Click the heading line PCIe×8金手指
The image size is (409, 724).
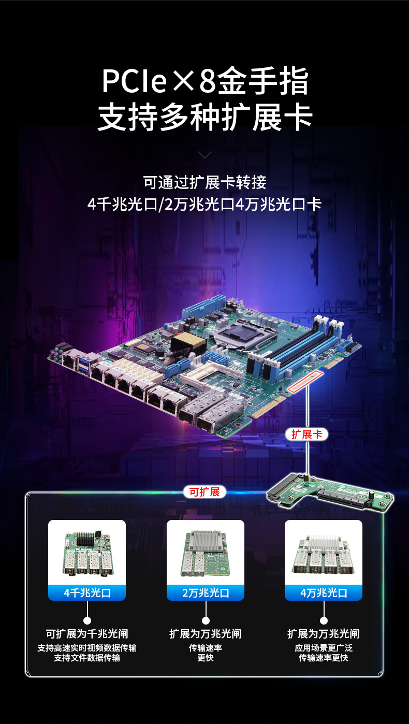point(205,81)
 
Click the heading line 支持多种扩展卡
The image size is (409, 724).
point(205,117)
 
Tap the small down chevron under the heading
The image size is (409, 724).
point(205,154)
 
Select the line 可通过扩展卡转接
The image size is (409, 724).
point(205,182)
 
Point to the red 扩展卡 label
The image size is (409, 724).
point(306,434)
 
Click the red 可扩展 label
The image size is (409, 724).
point(204,491)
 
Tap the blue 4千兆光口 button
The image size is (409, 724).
point(87,592)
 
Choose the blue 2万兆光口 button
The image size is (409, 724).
point(205,592)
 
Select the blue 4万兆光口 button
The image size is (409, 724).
point(324,592)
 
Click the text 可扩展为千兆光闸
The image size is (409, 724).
point(87,633)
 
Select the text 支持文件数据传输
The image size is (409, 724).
point(87,658)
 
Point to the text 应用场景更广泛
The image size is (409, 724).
point(324,647)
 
